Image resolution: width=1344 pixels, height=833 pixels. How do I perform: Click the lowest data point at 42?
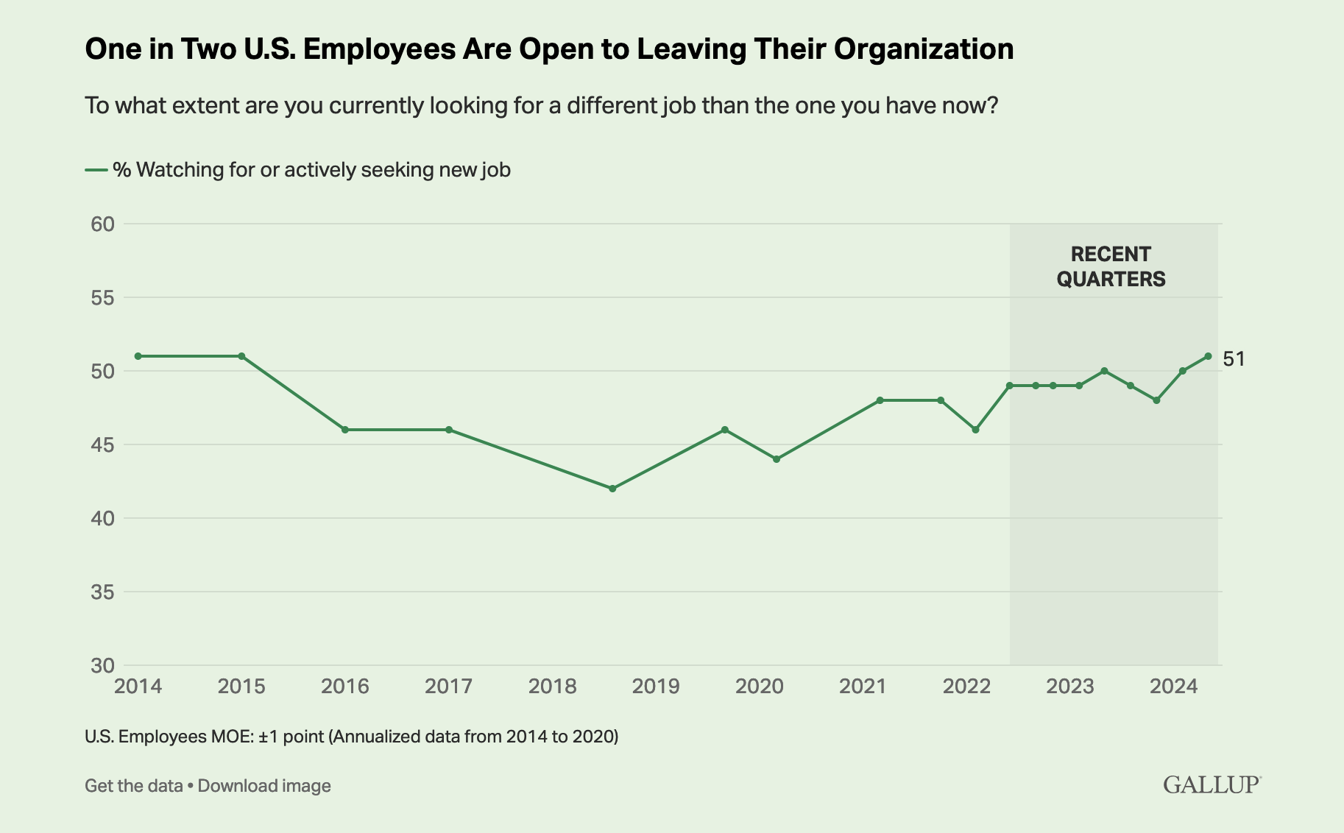pyautogui.click(x=612, y=489)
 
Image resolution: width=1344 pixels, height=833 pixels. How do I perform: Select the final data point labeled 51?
pyautogui.click(x=1208, y=356)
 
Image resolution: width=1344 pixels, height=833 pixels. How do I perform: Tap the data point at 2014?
pyautogui.click(x=138, y=356)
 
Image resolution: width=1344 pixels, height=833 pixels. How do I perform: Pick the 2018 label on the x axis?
pyautogui.click(x=552, y=687)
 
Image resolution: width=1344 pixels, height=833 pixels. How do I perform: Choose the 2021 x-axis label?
pyautogui.click(x=863, y=687)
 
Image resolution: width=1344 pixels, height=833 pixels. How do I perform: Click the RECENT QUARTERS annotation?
pyautogui.click(x=1111, y=266)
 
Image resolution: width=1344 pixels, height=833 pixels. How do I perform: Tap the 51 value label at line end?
pyautogui.click(x=1234, y=359)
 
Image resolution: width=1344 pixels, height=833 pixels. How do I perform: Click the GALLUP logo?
pyautogui.click(x=1212, y=784)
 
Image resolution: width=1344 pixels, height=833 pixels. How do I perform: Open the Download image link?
pyautogui.click(x=264, y=786)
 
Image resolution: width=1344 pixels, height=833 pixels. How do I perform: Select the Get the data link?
pyautogui.click(x=133, y=786)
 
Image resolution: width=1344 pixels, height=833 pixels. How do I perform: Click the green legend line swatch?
pyautogui.click(x=96, y=170)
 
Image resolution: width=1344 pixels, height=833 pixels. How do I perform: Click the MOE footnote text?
pyautogui.click(x=351, y=737)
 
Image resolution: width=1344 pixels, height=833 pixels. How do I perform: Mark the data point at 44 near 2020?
pyautogui.click(x=776, y=459)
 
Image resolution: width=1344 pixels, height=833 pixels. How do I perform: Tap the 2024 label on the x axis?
pyautogui.click(x=1174, y=687)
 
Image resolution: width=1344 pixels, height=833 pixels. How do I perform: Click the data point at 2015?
pyautogui.click(x=241, y=356)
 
